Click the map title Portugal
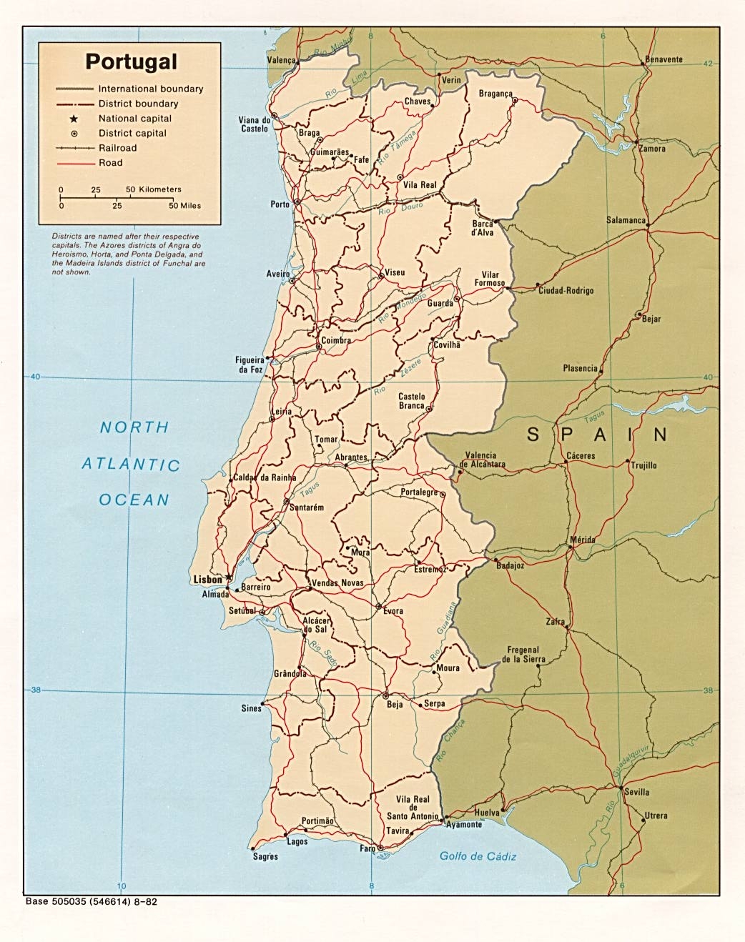tap(131, 61)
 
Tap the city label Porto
tap(280, 204)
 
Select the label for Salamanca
tap(626, 220)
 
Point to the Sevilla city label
tap(636, 792)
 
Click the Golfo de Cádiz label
tap(478, 856)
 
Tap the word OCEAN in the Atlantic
tap(134, 500)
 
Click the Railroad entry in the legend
tap(117, 148)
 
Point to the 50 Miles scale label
tap(184, 205)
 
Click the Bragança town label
tap(495, 94)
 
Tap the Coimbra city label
tap(336, 341)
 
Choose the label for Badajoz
tap(510, 565)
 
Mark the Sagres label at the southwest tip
tap(265, 856)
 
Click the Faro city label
tap(367, 848)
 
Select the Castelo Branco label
tap(411, 401)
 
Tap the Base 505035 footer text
tap(91, 902)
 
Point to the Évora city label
tap(393, 610)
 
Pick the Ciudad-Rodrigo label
tap(566, 291)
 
